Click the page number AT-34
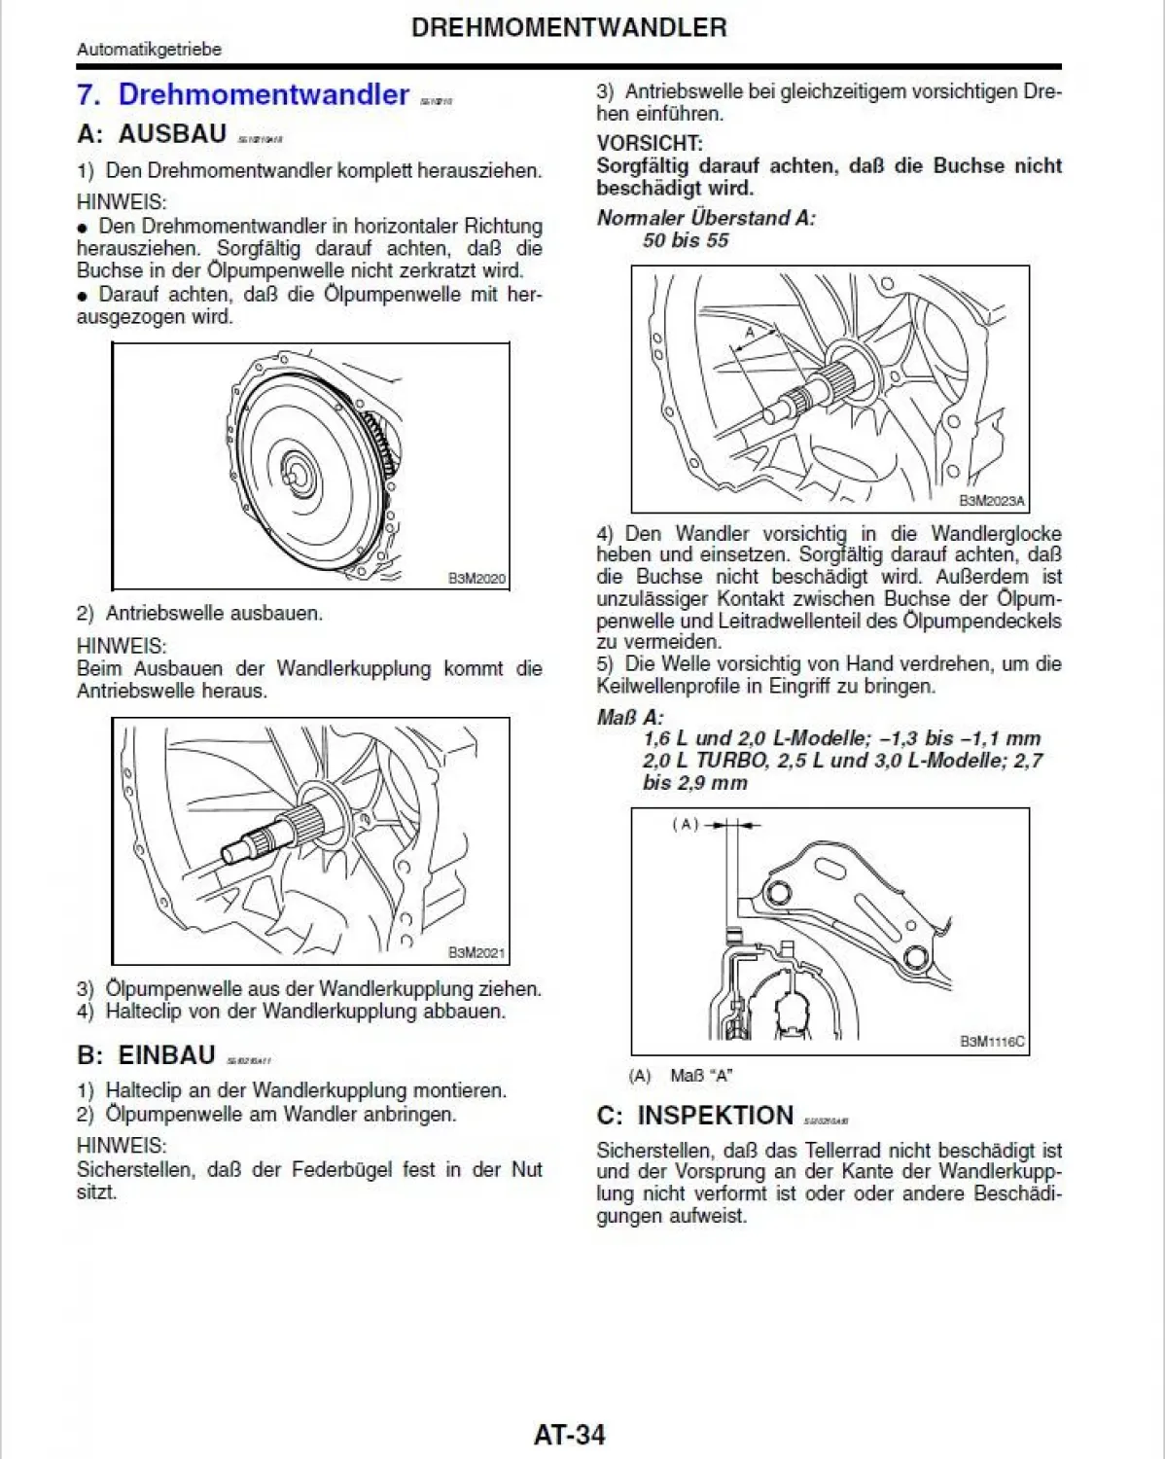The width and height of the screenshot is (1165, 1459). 569,1435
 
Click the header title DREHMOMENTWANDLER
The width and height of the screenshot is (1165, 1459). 569,27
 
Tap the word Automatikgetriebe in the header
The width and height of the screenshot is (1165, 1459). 149,50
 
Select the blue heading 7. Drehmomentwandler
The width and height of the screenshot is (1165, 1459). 243,94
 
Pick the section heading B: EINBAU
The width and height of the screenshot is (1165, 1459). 146,1055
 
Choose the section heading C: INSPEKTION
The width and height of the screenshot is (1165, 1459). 695,1116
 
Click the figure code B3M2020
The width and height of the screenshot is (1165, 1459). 477,579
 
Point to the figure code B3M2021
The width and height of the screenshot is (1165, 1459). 477,953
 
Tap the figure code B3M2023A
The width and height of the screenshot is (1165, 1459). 992,501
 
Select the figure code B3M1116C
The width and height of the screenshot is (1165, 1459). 992,1042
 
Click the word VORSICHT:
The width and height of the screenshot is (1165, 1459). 649,143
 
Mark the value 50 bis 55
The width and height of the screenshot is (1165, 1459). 685,240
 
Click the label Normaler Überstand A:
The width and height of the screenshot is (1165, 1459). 706,218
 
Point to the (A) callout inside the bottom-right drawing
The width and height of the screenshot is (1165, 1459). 686,824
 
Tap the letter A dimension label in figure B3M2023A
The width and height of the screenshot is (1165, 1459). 749,333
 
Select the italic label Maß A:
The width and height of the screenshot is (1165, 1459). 629,717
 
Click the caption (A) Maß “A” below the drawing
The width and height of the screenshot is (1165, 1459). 681,1076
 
